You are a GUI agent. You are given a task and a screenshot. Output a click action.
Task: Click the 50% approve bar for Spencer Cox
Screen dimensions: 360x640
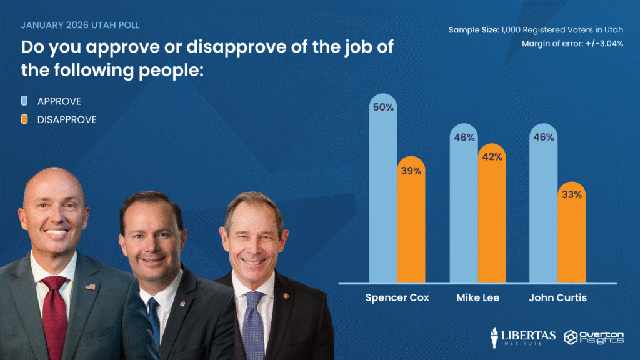383,194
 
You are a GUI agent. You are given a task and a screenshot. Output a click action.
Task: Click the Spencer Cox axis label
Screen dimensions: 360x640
397,297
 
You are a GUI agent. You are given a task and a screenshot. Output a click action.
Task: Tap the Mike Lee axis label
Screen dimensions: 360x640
478,297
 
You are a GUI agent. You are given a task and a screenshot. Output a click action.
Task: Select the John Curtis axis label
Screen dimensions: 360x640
558,297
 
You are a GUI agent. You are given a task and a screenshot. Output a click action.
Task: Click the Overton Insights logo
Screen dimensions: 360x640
594,336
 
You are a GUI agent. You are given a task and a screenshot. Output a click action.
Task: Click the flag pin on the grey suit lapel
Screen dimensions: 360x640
90,287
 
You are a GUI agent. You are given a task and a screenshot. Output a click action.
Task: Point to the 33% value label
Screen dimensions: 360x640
572,194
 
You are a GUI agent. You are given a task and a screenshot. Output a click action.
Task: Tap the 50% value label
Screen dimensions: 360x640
383,107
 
